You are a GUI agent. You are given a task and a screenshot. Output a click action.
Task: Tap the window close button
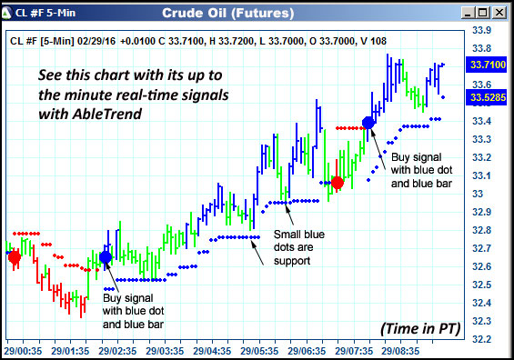point(501,13)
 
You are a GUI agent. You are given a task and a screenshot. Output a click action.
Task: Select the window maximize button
point(485,13)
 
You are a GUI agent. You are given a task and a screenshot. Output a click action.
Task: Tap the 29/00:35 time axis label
point(23,349)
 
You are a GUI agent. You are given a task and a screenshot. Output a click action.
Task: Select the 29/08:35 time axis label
point(401,349)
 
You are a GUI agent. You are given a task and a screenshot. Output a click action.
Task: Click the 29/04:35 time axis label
point(211,349)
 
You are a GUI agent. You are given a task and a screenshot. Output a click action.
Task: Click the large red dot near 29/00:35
point(14,257)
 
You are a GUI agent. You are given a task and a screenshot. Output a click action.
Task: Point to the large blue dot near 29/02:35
point(106,257)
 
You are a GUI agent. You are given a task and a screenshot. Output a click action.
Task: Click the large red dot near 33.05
point(338,183)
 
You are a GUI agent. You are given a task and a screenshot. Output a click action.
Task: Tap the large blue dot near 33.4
point(368,122)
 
